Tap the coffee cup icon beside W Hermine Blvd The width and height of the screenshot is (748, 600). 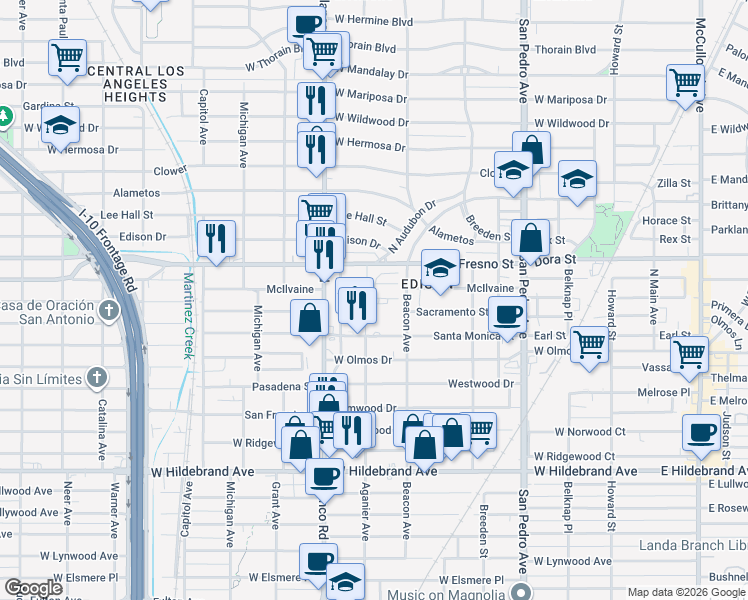306,24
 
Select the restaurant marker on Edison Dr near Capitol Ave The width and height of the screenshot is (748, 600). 216,238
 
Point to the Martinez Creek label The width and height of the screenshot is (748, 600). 188,315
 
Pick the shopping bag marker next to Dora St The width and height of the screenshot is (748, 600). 531,239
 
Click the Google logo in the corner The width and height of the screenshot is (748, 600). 33,588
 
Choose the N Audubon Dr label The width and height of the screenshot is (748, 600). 413,226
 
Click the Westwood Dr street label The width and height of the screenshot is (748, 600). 480,383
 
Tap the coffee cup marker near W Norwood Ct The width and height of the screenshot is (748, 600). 700,432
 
